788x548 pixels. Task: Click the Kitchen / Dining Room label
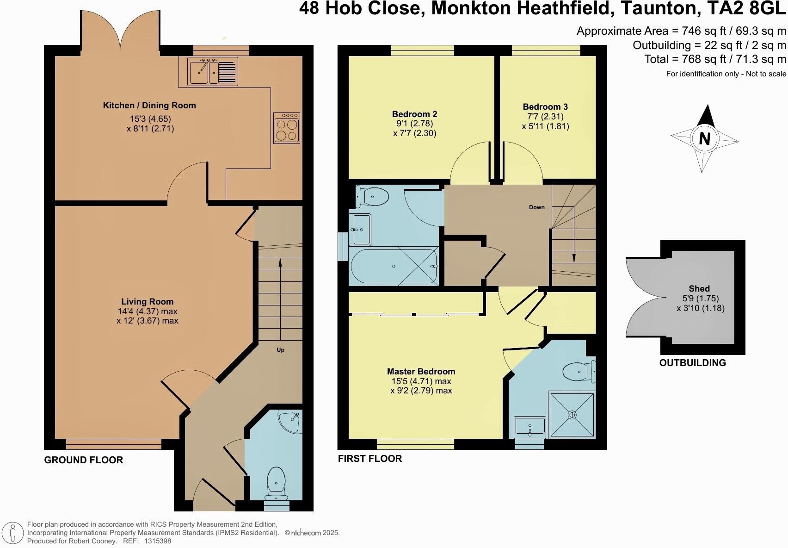(149, 106)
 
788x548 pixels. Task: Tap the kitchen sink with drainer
(212, 72)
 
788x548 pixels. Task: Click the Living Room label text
(147, 302)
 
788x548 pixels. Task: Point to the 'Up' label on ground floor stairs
(280, 350)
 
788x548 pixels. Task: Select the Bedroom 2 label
(414, 114)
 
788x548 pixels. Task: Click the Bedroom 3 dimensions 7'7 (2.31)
(546, 117)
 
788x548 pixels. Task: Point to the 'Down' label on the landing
(536, 207)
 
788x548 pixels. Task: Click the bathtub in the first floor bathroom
(394, 267)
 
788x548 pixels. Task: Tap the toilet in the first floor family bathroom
(373, 198)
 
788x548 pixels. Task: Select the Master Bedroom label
(421, 371)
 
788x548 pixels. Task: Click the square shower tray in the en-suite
(572, 414)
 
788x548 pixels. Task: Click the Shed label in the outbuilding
(699, 288)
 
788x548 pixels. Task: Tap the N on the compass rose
(704, 138)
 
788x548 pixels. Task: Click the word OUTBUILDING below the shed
(692, 363)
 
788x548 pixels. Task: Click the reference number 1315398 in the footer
(158, 541)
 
